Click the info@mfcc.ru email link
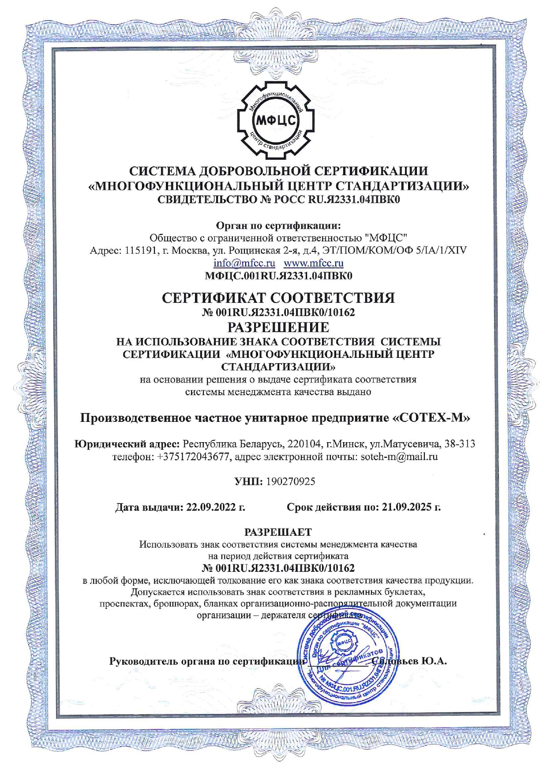tap(244, 263)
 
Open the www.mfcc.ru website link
tap(313, 263)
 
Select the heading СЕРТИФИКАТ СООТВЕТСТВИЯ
tap(278, 298)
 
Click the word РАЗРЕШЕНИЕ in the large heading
tap(278, 327)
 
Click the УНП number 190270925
tap(290, 481)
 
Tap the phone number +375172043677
tap(194, 457)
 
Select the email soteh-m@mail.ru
tap(399, 457)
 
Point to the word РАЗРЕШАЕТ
tap(278, 532)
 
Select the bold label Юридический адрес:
tap(127, 443)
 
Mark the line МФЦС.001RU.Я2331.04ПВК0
tap(278, 276)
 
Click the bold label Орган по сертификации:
tap(278, 226)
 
